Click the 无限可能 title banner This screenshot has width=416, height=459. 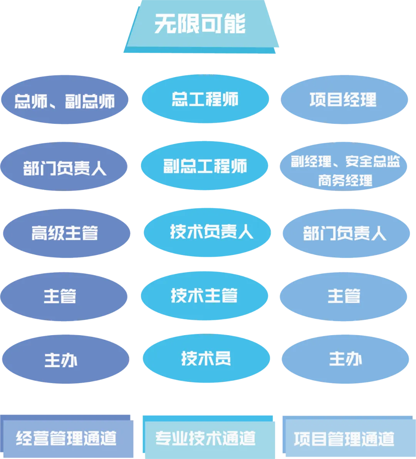[x=201, y=25]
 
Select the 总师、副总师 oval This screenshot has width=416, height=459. [x=64, y=100]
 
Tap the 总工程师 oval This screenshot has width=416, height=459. [x=205, y=99]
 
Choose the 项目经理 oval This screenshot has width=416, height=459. [x=344, y=100]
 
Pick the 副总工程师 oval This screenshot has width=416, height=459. [x=204, y=166]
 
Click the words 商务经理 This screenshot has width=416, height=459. [x=345, y=180]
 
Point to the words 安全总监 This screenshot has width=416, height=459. [x=372, y=162]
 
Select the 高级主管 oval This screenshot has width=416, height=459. [x=65, y=233]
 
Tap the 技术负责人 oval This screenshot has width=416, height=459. [x=208, y=232]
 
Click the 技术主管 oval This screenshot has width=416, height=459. [x=204, y=296]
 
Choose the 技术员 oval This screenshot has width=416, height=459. [x=206, y=359]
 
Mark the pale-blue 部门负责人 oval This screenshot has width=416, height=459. [x=345, y=233]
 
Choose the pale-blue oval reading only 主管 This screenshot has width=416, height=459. [x=344, y=296]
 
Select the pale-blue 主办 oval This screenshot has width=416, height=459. [x=345, y=359]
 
